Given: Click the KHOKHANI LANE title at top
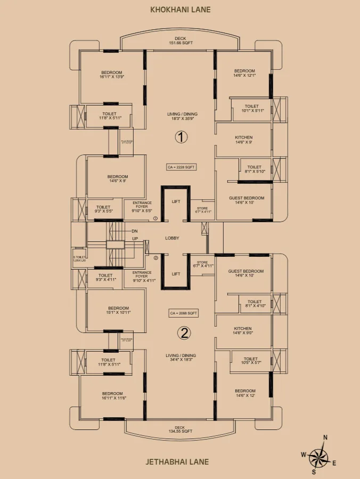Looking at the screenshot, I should tap(181, 10).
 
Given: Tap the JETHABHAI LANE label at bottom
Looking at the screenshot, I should tap(181, 462).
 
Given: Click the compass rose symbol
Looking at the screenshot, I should tap(320, 454).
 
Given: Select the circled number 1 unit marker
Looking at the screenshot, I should tap(181, 137).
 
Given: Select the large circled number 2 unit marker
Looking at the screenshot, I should tap(184, 334).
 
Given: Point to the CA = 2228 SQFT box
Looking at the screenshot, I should tap(182, 167).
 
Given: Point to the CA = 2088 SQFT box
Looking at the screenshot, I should tap(184, 313).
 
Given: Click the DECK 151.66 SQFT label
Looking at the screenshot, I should tap(181, 41).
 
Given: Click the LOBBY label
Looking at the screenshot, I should tap(172, 238).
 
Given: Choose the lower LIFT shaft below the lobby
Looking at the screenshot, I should tap(176, 274).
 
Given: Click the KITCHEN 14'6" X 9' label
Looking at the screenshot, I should tap(243, 140).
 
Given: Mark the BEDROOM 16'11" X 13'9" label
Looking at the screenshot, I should tap(111, 75).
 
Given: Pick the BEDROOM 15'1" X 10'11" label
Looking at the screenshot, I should tap(119, 310).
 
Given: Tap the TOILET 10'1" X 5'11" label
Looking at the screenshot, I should tap(251, 109).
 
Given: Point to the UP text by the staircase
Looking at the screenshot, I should tap(135, 239).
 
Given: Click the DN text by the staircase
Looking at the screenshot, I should tap(135, 231).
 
